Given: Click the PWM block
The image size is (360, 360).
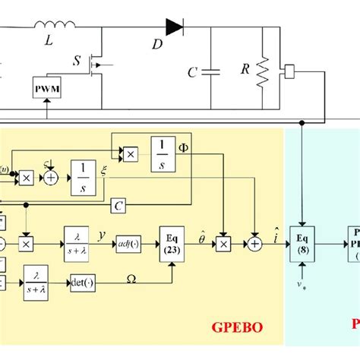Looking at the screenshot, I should (x=48, y=89).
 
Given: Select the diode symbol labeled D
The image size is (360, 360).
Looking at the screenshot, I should (x=175, y=28).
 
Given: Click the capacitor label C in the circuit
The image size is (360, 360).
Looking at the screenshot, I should (x=192, y=74).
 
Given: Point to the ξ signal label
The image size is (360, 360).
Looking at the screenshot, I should (x=103, y=172).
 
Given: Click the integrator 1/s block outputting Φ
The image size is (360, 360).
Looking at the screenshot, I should (x=163, y=154).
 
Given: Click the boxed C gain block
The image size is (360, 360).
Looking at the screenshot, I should (x=118, y=205).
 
